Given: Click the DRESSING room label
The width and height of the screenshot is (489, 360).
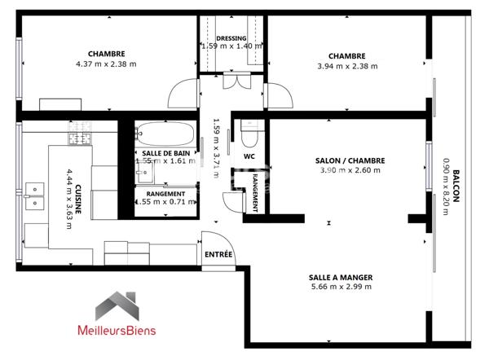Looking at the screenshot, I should click(x=232, y=38).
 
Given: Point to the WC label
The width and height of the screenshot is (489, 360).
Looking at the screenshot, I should click(x=249, y=156).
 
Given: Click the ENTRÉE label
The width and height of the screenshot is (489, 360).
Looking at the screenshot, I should click(x=218, y=254).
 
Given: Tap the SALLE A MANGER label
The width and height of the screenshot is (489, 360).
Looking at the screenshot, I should click(x=341, y=277).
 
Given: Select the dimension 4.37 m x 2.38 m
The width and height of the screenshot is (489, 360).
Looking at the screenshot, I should click(x=106, y=64).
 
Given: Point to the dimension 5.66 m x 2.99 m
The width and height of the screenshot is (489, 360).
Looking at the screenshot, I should click(x=341, y=287).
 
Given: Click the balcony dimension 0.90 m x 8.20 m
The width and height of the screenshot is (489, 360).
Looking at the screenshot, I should click(x=446, y=186).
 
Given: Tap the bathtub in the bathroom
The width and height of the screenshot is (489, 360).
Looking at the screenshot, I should click(x=165, y=133).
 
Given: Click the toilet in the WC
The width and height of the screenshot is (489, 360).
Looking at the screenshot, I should click(x=248, y=130).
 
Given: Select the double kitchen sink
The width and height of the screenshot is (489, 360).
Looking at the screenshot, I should click(x=34, y=197).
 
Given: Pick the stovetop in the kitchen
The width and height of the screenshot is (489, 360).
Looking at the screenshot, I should click(x=79, y=139).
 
